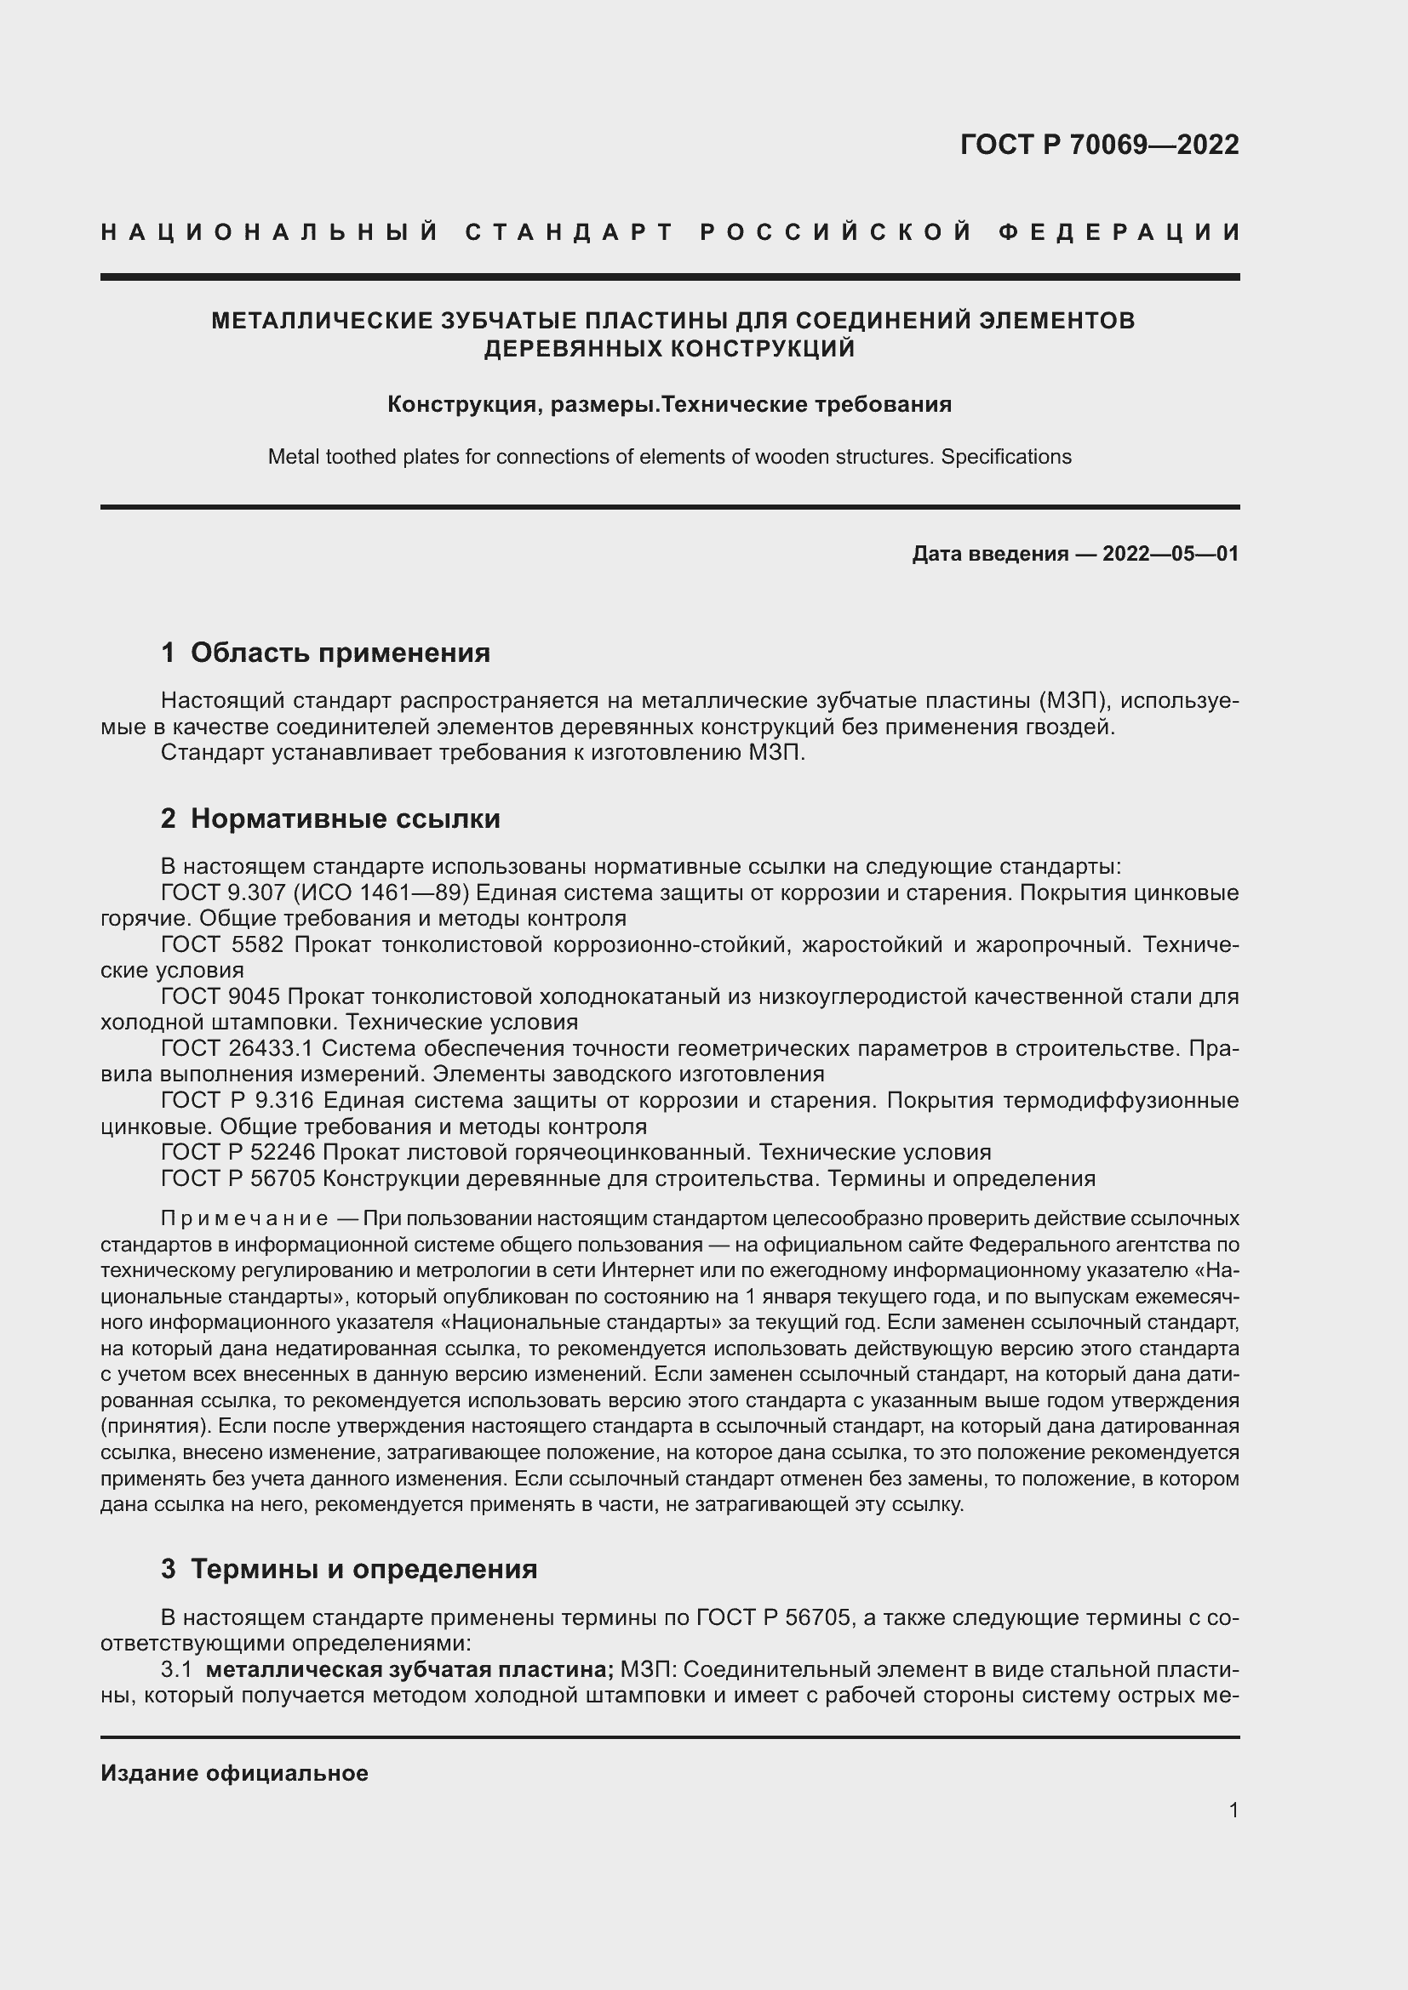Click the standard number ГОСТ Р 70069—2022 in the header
[1098, 145]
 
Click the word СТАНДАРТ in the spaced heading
[569, 232]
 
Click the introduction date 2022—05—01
[1170, 554]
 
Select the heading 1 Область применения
[325, 653]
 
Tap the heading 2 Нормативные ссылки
[330, 818]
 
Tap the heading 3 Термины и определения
[348, 1569]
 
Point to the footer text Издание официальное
[234, 1773]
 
